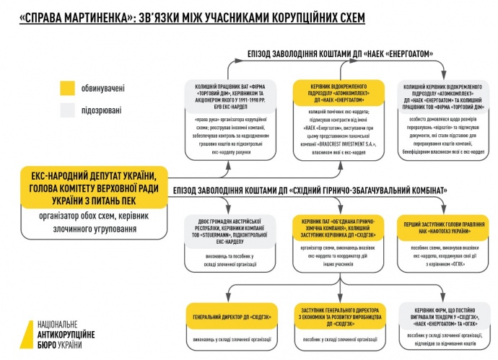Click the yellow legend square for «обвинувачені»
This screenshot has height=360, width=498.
pos(66,88)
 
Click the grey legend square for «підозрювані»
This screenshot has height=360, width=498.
pos(66,110)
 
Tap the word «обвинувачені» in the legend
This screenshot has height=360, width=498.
pos(104,89)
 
